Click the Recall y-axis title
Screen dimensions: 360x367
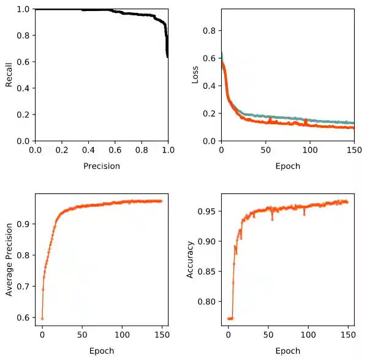[x=9, y=75]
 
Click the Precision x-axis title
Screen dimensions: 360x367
[x=102, y=166]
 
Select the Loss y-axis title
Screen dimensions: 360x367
[x=195, y=75]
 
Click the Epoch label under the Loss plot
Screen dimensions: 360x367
[x=287, y=166]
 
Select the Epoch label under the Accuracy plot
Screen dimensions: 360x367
[x=287, y=351]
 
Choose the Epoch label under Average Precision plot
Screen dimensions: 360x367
[x=102, y=351]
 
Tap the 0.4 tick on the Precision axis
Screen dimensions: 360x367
[x=88, y=149]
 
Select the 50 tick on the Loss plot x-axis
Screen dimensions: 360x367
[x=265, y=149]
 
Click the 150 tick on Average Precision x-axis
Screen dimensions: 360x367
[x=161, y=335]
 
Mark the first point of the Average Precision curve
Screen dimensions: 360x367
[x=42, y=318]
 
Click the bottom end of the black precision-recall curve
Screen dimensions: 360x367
[x=167, y=57]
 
